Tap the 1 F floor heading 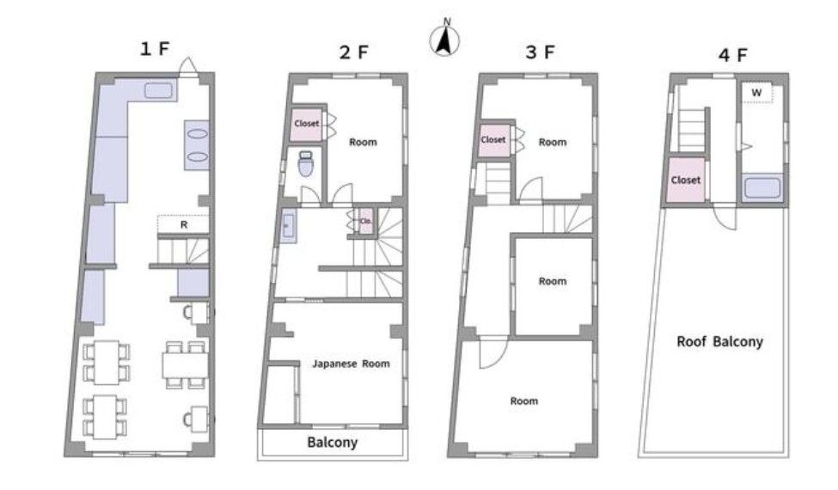pyautogui.click(x=155, y=49)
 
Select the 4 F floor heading pyautogui.click(x=733, y=55)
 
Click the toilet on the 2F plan pyautogui.click(x=306, y=163)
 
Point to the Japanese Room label pyautogui.click(x=351, y=364)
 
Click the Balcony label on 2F pyautogui.click(x=332, y=443)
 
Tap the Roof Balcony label pyautogui.click(x=719, y=341)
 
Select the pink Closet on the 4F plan pyautogui.click(x=686, y=180)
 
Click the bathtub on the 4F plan pyautogui.click(x=762, y=188)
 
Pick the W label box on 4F pyautogui.click(x=756, y=93)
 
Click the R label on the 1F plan pyautogui.click(x=184, y=225)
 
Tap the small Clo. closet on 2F pyautogui.click(x=365, y=221)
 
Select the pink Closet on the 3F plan pyautogui.click(x=493, y=140)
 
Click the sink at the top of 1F pyautogui.click(x=159, y=90)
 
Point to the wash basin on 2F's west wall pyautogui.click(x=289, y=226)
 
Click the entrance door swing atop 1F pyautogui.click(x=187, y=66)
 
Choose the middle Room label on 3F pyautogui.click(x=553, y=281)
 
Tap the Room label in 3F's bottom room pyautogui.click(x=523, y=401)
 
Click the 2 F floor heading pyautogui.click(x=354, y=52)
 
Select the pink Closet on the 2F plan pyautogui.click(x=307, y=124)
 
